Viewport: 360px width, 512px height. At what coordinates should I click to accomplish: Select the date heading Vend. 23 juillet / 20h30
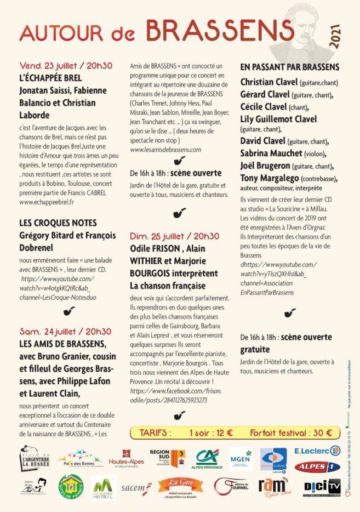[x=65, y=65]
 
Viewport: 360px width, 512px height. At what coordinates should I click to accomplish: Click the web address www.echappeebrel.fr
[x=46, y=202]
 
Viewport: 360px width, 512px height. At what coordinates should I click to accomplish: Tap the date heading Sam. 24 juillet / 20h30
[x=65, y=331]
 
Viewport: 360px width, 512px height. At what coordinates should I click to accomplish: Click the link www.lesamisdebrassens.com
[x=165, y=149]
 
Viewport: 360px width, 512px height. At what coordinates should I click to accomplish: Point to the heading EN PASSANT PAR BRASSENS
[x=290, y=67]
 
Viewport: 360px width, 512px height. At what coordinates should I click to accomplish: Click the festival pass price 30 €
[x=321, y=433]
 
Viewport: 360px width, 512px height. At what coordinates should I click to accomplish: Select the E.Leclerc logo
[x=317, y=451]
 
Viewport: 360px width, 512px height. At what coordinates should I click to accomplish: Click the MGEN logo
[x=241, y=457]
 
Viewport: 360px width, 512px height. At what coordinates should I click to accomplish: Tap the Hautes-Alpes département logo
[x=126, y=458]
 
